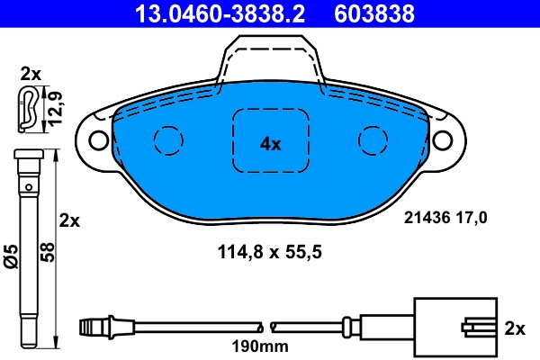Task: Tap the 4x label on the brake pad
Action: coord(271,143)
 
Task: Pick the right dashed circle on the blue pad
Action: coord(373,139)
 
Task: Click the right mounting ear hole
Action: coord(442,139)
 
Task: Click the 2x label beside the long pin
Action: coord(69,220)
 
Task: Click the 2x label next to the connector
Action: coord(515,329)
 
